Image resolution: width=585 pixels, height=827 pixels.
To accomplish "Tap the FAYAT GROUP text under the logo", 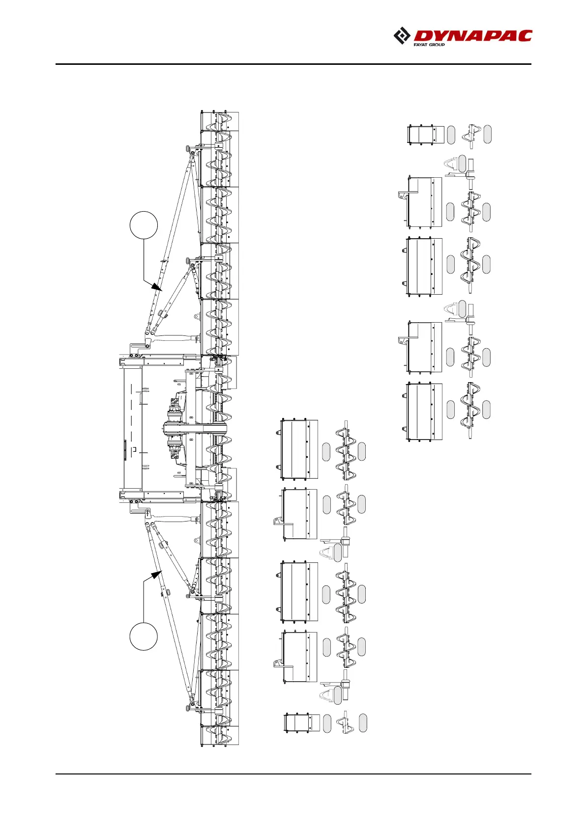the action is point(429,45).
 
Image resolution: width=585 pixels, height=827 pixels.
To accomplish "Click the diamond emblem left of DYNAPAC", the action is point(402,36).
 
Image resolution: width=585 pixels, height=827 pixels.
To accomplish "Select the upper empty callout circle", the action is point(144,225).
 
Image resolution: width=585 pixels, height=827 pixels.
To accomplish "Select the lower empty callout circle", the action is point(144,636).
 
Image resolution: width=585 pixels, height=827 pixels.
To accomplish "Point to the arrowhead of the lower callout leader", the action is point(158,573).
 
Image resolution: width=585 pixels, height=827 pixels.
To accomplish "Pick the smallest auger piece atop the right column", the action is point(472,136).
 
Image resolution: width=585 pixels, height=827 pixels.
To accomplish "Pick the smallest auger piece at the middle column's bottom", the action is point(345,723).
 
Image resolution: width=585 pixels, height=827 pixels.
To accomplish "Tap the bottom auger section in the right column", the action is point(470,411).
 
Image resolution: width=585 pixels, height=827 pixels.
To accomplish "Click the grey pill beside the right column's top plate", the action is point(451,135).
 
